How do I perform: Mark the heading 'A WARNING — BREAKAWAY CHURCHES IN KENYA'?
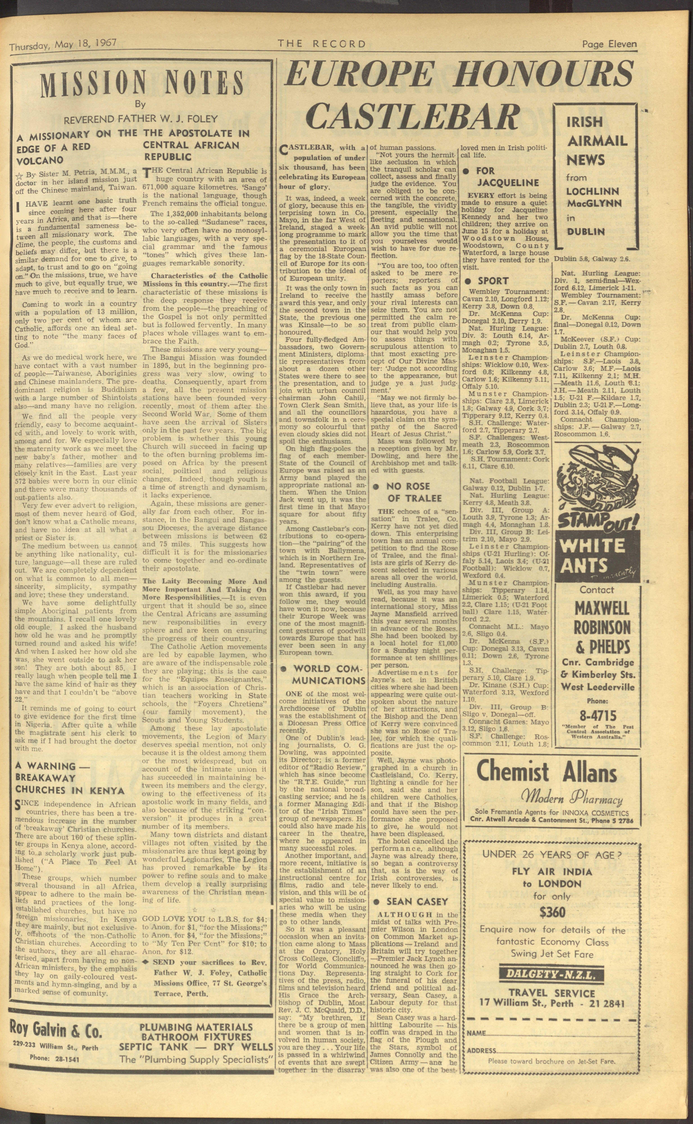tap(70, 778)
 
